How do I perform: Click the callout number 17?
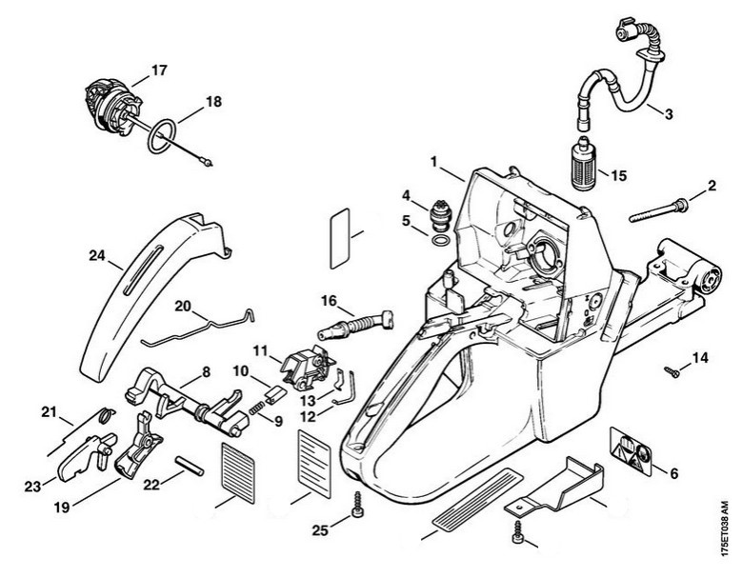click(159, 70)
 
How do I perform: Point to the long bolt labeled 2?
click(659, 211)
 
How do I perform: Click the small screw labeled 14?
click(672, 372)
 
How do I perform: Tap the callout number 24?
click(97, 255)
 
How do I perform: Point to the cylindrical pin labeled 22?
click(190, 466)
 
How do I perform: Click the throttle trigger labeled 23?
click(85, 456)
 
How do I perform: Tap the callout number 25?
click(320, 530)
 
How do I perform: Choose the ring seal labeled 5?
click(440, 240)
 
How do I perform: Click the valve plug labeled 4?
click(440, 216)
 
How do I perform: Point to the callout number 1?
click(433, 162)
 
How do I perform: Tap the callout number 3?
click(669, 114)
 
